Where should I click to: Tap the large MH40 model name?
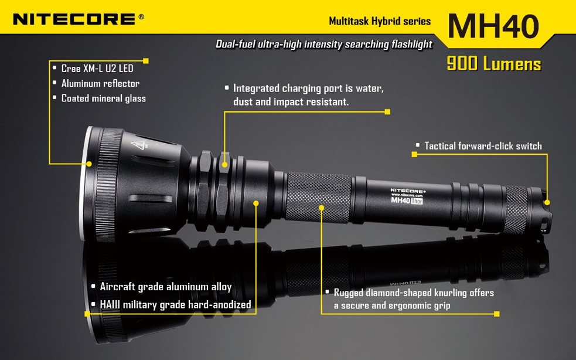click(493, 26)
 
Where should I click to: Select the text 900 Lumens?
click(494, 64)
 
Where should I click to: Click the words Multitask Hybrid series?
click(380, 21)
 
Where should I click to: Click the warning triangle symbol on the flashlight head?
click(140, 145)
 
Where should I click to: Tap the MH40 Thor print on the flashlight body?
click(407, 201)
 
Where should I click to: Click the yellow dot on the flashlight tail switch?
click(547, 202)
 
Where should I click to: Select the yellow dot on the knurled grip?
click(322, 208)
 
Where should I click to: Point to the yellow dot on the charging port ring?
click(225, 164)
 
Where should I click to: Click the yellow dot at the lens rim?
click(89, 164)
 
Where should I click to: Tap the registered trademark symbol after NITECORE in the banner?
click(141, 16)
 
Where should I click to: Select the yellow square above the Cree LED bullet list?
click(146, 60)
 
